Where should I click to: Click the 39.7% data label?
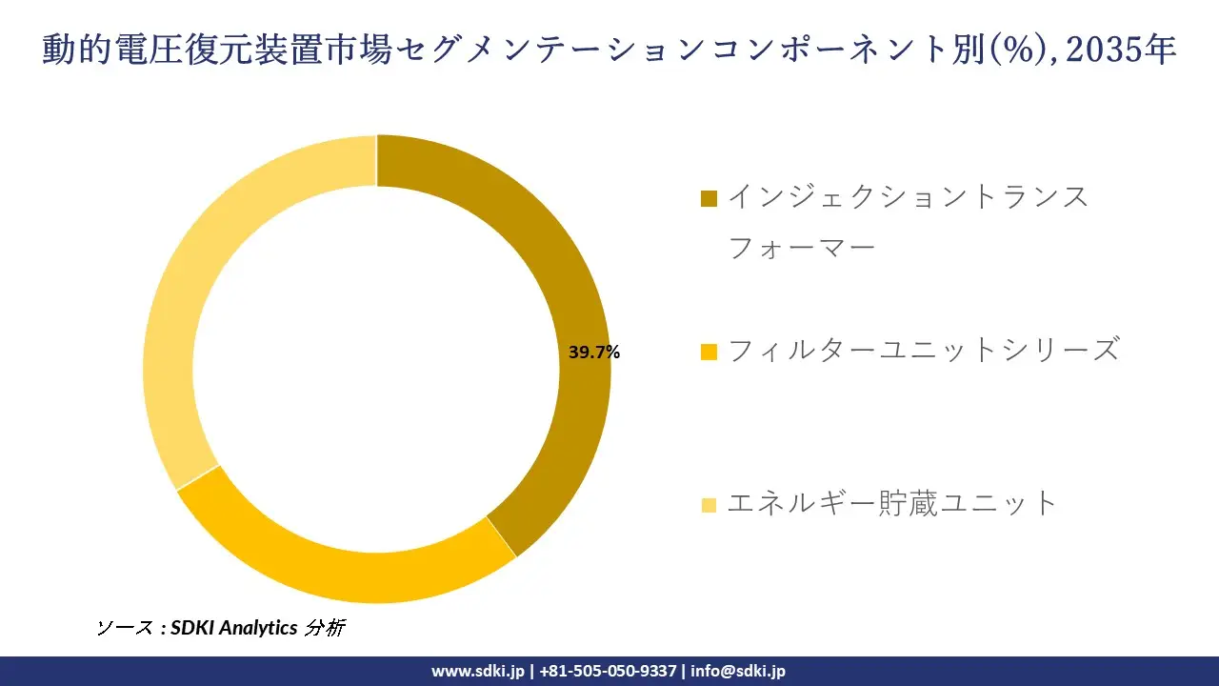[x=594, y=353]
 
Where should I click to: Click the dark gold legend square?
[x=709, y=198]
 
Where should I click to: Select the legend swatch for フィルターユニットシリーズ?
[x=709, y=352]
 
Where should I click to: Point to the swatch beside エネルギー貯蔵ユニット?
[x=709, y=504]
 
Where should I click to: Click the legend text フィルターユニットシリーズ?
[x=922, y=351]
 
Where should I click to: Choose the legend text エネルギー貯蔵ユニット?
[x=892, y=503]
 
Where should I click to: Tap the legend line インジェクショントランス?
[x=908, y=197]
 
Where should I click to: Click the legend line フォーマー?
[x=801, y=249]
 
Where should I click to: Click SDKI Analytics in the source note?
[x=234, y=628]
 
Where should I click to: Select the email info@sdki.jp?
[x=738, y=671]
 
